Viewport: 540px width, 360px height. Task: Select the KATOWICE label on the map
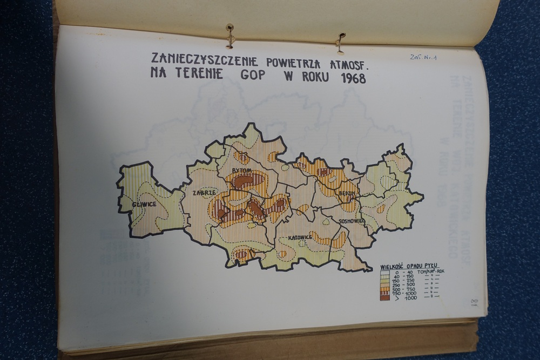pos(300,237)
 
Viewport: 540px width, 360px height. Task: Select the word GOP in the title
pos(253,74)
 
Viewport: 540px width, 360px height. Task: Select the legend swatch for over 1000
pos(384,297)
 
